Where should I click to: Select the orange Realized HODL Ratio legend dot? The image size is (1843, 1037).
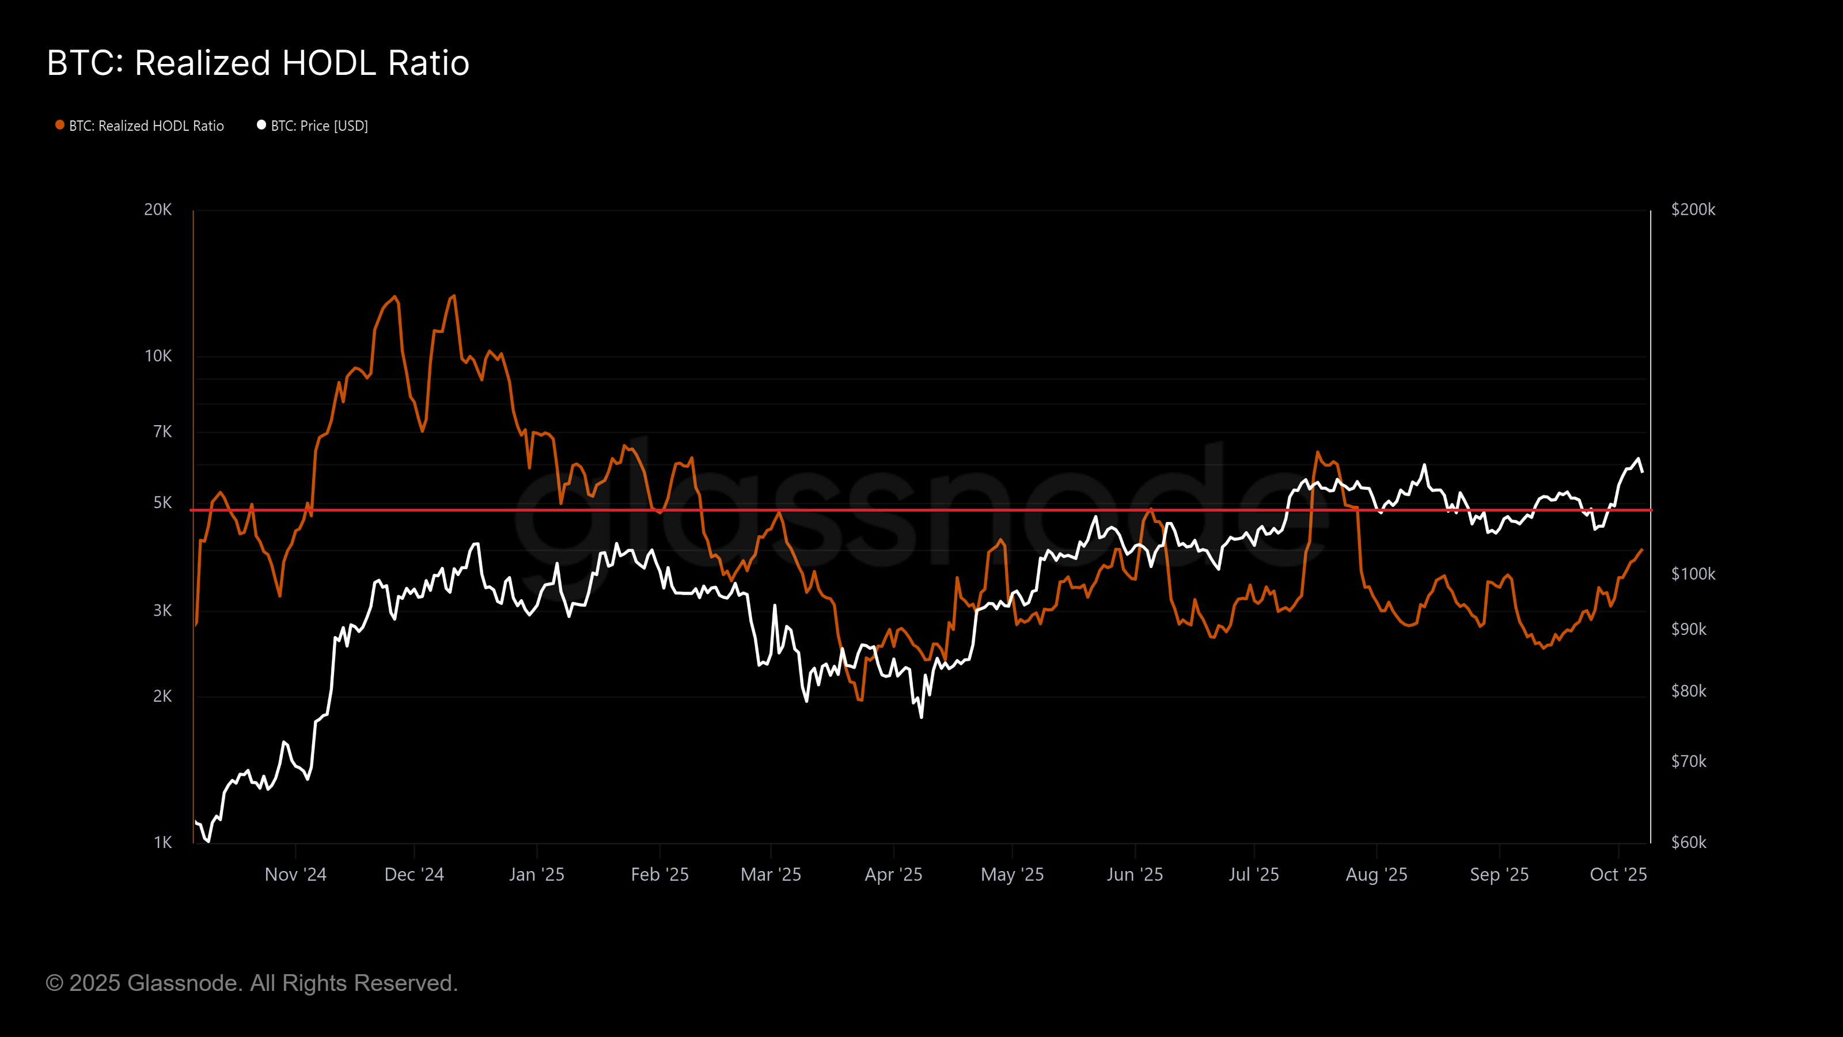click(x=60, y=125)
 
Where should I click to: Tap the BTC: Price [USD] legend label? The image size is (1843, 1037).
click(x=319, y=126)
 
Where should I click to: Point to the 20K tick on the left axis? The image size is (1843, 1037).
click(x=158, y=210)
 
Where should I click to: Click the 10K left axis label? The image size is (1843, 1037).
click(x=158, y=355)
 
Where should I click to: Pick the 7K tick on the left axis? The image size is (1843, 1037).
click(x=162, y=432)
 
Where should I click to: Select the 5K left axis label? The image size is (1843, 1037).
click(x=162, y=503)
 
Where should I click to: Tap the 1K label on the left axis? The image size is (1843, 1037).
click(x=162, y=842)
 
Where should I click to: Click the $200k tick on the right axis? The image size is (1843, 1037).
click(x=1693, y=210)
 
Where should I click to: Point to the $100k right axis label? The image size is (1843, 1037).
click(x=1693, y=574)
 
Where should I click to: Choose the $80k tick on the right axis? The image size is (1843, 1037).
click(x=1689, y=691)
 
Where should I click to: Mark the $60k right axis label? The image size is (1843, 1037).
click(x=1689, y=842)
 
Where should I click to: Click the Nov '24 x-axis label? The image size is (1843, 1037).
click(x=295, y=875)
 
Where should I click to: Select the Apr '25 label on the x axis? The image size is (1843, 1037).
click(x=894, y=875)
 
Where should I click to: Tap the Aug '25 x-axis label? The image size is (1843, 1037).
click(x=1376, y=875)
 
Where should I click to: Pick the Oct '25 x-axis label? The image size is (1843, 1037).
click(x=1618, y=875)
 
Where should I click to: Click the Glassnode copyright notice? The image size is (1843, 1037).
click(x=252, y=983)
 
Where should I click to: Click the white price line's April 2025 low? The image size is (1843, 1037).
click(x=921, y=716)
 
